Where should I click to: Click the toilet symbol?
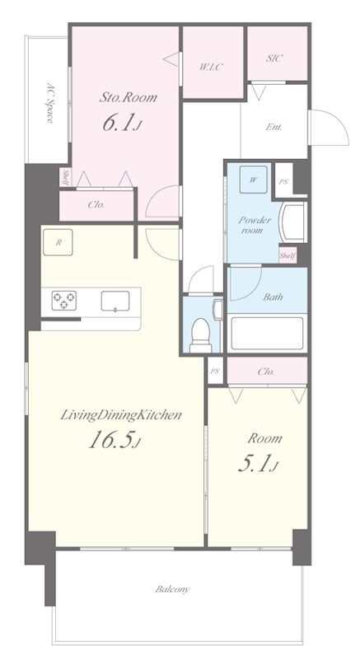(x=200, y=334)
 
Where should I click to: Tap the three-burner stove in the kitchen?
(x=64, y=301)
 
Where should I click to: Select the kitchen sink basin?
(x=115, y=301)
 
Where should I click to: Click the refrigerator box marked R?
(x=58, y=242)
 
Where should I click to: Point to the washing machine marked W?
(x=254, y=180)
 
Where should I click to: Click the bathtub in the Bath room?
(x=267, y=333)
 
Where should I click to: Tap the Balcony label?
(x=173, y=589)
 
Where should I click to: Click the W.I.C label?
(x=211, y=67)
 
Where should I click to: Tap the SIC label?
(x=274, y=58)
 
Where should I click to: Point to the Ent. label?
(x=274, y=127)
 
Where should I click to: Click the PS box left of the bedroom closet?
(x=215, y=370)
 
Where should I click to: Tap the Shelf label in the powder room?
(x=288, y=255)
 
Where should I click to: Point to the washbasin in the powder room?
(x=295, y=222)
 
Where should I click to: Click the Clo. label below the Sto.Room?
(x=96, y=205)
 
